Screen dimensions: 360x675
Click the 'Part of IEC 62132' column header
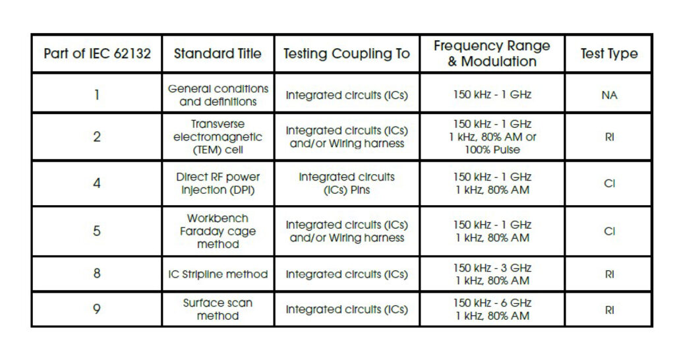pyautogui.click(x=97, y=53)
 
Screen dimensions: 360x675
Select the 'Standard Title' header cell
pyautogui.click(x=218, y=53)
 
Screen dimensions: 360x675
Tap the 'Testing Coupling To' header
pyautogui.click(x=347, y=53)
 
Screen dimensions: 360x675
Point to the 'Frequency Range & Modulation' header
pyautogui.click(x=492, y=53)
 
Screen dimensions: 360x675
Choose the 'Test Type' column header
pyautogui.click(x=608, y=53)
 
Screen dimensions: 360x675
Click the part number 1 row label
pyautogui.click(x=97, y=94)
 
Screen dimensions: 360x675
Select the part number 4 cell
pyautogui.click(x=97, y=183)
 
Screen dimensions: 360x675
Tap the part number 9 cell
pyautogui.click(x=97, y=309)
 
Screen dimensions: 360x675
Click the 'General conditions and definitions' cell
pyautogui.click(x=218, y=94)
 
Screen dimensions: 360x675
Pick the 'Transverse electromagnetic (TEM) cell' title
pyautogui.click(x=218, y=136)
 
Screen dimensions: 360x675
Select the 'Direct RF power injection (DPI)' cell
pyautogui.click(x=218, y=183)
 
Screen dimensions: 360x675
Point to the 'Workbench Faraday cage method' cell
pyautogui.click(x=218, y=231)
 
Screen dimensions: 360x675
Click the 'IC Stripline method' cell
pyautogui.click(x=218, y=274)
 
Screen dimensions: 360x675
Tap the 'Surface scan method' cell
pyautogui.click(x=218, y=309)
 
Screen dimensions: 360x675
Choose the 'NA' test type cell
pyautogui.click(x=608, y=95)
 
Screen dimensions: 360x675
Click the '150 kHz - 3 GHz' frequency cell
pyautogui.click(x=492, y=268)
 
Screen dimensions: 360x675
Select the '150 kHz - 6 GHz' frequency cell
pyautogui.click(x=492, y=303)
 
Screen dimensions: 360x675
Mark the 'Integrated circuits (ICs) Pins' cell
pyautogui.click(x=347, y=183)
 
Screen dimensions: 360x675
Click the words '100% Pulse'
pyautogui.click(x=492, y=150)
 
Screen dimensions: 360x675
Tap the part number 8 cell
pyautogui.click(x=97, y=274)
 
